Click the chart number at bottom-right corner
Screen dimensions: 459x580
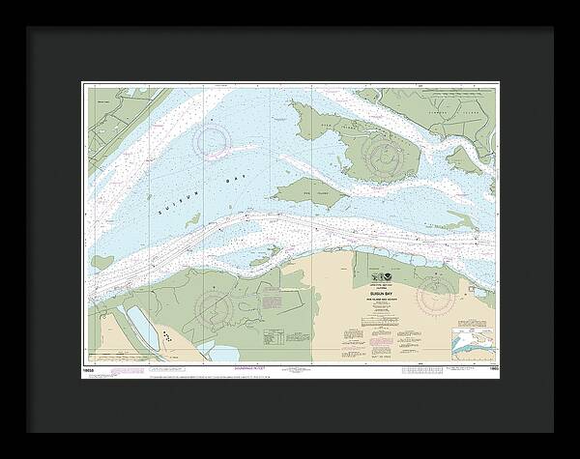pos(490,368)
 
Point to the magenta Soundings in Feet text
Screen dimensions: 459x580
pos(226,369)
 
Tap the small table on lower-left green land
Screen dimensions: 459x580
pos(273,338)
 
